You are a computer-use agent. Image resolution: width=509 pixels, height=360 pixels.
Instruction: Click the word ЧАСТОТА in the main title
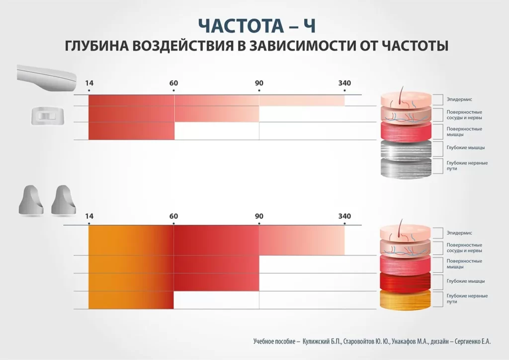click(241, 26)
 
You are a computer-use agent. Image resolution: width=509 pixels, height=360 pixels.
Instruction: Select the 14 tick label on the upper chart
click(89, 83)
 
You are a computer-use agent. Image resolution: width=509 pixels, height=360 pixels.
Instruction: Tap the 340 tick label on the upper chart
click(344, 83)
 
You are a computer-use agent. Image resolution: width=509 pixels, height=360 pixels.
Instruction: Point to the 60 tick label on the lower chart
click(173, 216)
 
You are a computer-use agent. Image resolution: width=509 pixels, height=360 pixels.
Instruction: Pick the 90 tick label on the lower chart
click(259, 216)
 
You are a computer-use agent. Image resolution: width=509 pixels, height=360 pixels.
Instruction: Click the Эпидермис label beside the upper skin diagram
click(459, 99)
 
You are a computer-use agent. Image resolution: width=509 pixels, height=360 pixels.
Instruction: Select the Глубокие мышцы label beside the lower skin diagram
click(465, 281)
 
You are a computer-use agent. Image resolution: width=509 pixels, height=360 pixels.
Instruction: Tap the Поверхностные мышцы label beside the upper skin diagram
click(464, 131)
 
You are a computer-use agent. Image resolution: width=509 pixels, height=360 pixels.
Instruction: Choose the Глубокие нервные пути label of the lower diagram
click(467, 299)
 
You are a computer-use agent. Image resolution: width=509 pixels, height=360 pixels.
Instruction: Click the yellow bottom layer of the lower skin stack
click(406, 299)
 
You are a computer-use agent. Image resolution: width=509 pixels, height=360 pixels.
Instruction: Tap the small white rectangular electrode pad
click(48, 115)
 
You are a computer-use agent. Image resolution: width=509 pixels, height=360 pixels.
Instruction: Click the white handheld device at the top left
click(47, 78)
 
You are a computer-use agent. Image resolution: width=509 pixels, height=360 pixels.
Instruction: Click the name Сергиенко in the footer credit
click(467, 342)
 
